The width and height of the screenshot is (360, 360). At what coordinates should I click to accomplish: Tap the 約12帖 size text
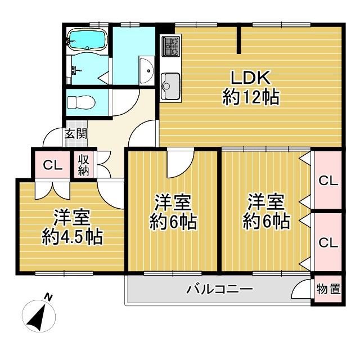251,99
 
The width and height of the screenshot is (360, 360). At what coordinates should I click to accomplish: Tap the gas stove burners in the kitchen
170,45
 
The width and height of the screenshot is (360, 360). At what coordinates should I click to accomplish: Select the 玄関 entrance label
75,134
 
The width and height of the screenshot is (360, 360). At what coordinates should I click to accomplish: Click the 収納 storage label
84,164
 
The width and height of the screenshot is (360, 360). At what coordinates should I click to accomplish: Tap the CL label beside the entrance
52,165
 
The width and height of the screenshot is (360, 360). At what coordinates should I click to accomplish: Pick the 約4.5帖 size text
72,237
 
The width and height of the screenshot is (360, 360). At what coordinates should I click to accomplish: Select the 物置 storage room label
328,290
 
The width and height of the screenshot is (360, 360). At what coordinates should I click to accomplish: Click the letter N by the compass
49,297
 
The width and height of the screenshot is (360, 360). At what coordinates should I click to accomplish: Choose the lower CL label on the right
328,242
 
